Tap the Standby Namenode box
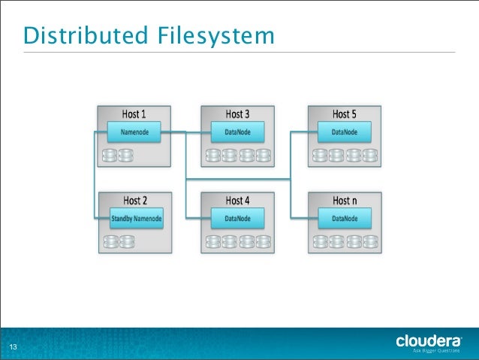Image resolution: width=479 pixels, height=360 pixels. [136, 219]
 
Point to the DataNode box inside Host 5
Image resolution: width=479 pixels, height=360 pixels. [345, 133]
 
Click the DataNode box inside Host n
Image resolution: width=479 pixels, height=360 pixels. [345, 219]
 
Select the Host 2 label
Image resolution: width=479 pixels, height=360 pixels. [134, 201]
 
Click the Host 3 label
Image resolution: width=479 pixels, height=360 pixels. [238, 114]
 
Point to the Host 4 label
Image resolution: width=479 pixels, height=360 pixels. [238, 201]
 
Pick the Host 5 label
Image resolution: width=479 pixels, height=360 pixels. [345, 114]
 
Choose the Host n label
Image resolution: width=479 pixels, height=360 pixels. [345, 201]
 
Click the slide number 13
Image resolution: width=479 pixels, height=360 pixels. [13, 346]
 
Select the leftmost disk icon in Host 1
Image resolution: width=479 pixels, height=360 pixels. [110, 156]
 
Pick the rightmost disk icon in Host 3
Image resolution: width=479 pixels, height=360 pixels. [264, 156]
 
